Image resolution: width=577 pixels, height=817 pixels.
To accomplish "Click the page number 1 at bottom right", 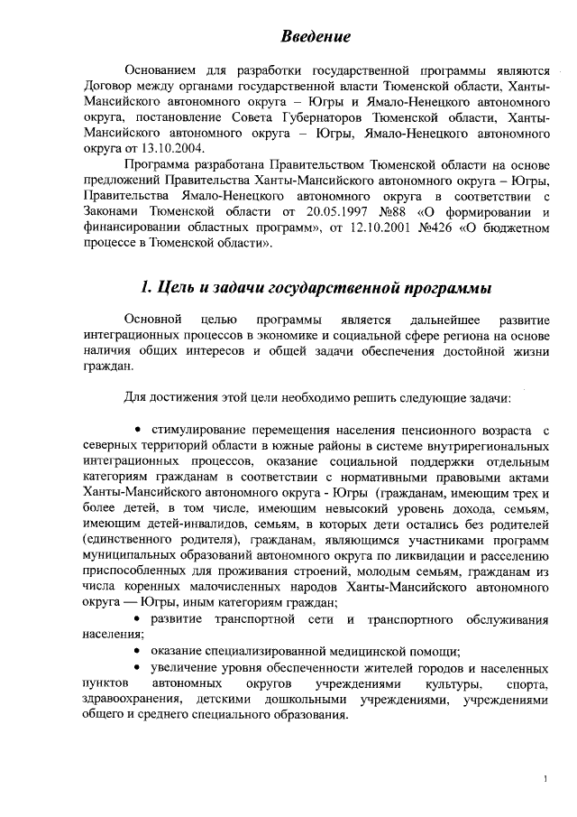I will (x=546, y=777).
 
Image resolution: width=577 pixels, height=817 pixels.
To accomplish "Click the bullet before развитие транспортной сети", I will (x=136, y=618).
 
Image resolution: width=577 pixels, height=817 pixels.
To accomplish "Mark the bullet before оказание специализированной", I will (x=136, y=651).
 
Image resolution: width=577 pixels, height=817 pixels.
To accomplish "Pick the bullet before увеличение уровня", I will (x=136, y=667).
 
